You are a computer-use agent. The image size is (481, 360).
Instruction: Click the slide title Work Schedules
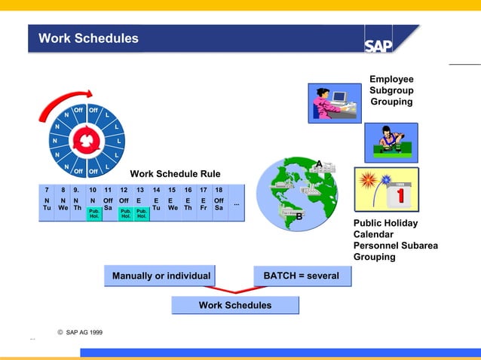[88, 38]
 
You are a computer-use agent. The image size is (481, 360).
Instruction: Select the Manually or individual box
[161, 276]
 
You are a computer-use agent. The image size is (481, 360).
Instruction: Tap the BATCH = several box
[302, 276]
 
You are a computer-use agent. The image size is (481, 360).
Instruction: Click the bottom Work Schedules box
[234, 305]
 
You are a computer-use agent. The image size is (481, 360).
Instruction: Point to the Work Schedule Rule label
[175, 174]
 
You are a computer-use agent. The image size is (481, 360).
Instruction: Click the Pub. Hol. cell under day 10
[94, 214]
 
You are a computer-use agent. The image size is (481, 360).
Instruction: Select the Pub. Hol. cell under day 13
[141, 214]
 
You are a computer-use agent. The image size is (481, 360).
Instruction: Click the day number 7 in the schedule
[47, 191]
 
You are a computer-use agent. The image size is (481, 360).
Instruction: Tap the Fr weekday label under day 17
[204, 208]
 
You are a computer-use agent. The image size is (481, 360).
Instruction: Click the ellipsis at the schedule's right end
[236, 203]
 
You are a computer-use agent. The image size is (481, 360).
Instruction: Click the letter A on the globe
[319, 163]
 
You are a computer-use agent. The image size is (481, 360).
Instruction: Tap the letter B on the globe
[299, 217]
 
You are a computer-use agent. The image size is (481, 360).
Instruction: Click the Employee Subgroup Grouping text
[391, 90]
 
